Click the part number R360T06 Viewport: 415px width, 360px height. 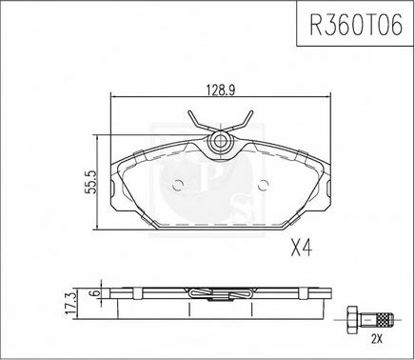click(x=356, y=24)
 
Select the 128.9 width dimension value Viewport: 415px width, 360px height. click(x=221, y=90)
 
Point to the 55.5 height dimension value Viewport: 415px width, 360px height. click(x=90, y=182)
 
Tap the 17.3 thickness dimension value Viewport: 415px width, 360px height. click(x=72, y=303)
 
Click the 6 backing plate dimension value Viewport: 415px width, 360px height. click(x=94, y=292)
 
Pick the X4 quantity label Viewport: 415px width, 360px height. click(x=302, y=248)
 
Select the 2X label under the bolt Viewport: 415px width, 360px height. click(x=377, y=339)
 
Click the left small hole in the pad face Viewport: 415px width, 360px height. click(x=178, y=186)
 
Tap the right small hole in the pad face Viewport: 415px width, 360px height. click(x=263, y=186)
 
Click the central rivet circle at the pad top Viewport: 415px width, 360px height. click(x=220, y=142)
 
